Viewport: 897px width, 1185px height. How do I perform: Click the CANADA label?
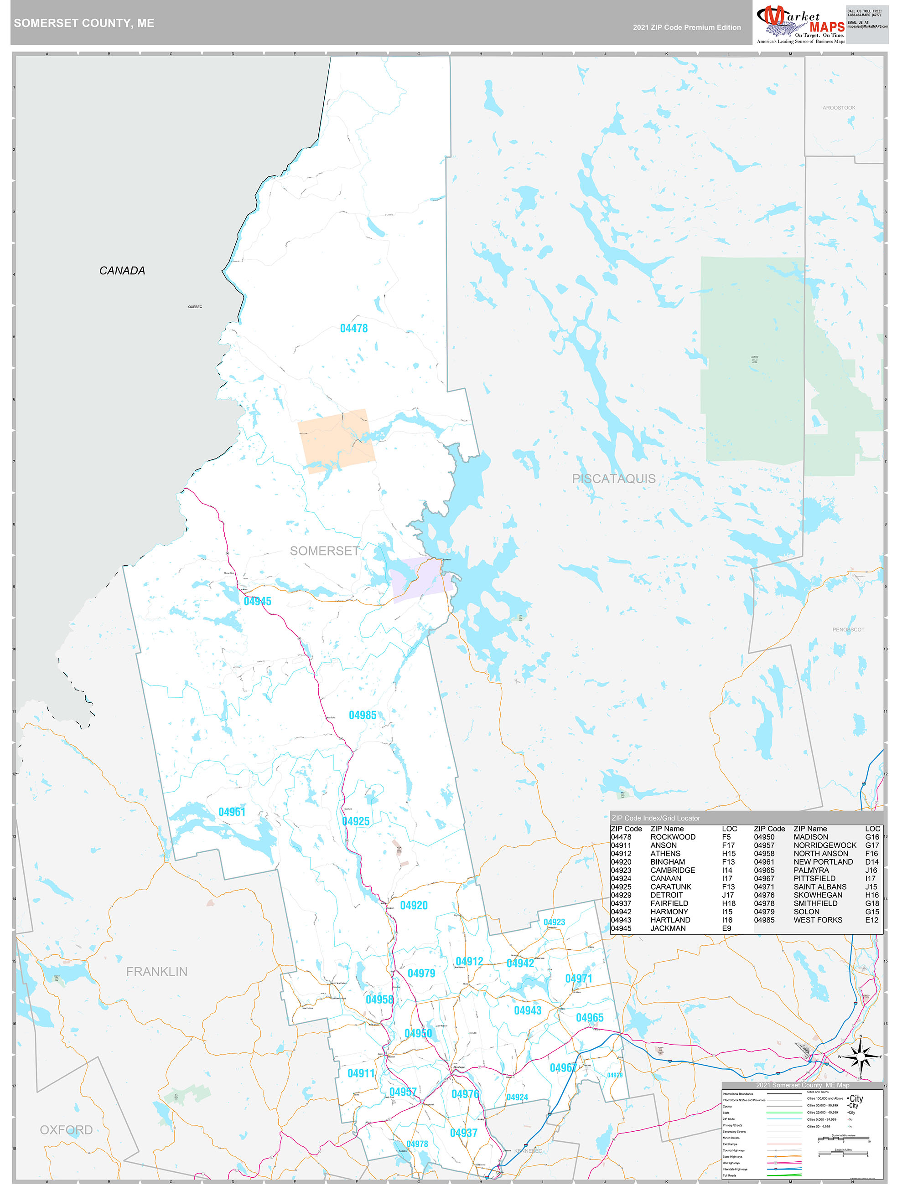click(x=122, y=271)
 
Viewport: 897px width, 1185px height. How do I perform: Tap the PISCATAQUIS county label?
click(x=613, y=479)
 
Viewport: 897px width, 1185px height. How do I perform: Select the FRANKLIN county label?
click(x=156, y=971)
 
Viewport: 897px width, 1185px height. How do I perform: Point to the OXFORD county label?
click(x=66, y=1130)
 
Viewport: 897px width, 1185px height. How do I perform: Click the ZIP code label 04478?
click(x=354, y=329)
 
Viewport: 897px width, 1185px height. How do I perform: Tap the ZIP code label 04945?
click(x=257, y=601)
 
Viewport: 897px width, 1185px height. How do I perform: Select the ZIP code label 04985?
click(x=363, y=715)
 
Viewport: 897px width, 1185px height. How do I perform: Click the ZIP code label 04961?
click(x=232, y=812)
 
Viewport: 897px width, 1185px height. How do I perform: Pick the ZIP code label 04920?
click(x=414, y=905)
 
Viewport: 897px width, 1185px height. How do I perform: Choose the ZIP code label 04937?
click(x=463, y=1133)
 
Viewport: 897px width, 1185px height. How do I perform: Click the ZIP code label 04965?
click(x=589, y=1017)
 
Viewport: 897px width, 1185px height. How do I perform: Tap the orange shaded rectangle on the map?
click(x=336, y=440)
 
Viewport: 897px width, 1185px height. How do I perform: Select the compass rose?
click(x=860, y=1057)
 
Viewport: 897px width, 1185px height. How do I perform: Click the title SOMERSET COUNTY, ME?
click(x=84, y=23)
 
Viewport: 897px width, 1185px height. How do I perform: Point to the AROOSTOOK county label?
click(x=839, y=108)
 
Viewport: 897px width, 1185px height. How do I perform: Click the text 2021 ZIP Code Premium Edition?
click(x=686, y=27)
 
